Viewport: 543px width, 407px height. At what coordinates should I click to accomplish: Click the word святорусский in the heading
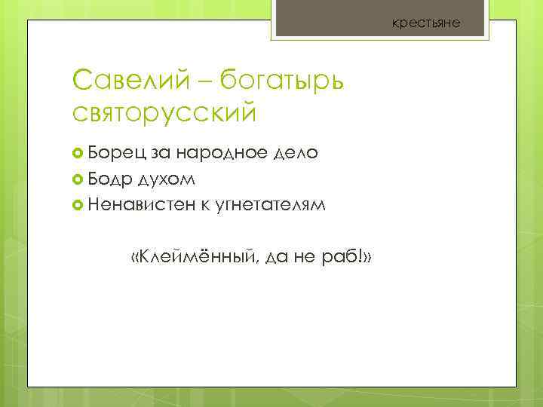point(164,113)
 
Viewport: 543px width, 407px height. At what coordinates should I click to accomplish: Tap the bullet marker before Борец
point(78,154)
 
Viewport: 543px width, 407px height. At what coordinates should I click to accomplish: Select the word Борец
point(117,153)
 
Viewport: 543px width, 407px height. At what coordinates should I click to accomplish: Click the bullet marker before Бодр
point(78,179)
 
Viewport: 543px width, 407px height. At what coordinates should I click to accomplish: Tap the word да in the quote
point(281,259)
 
